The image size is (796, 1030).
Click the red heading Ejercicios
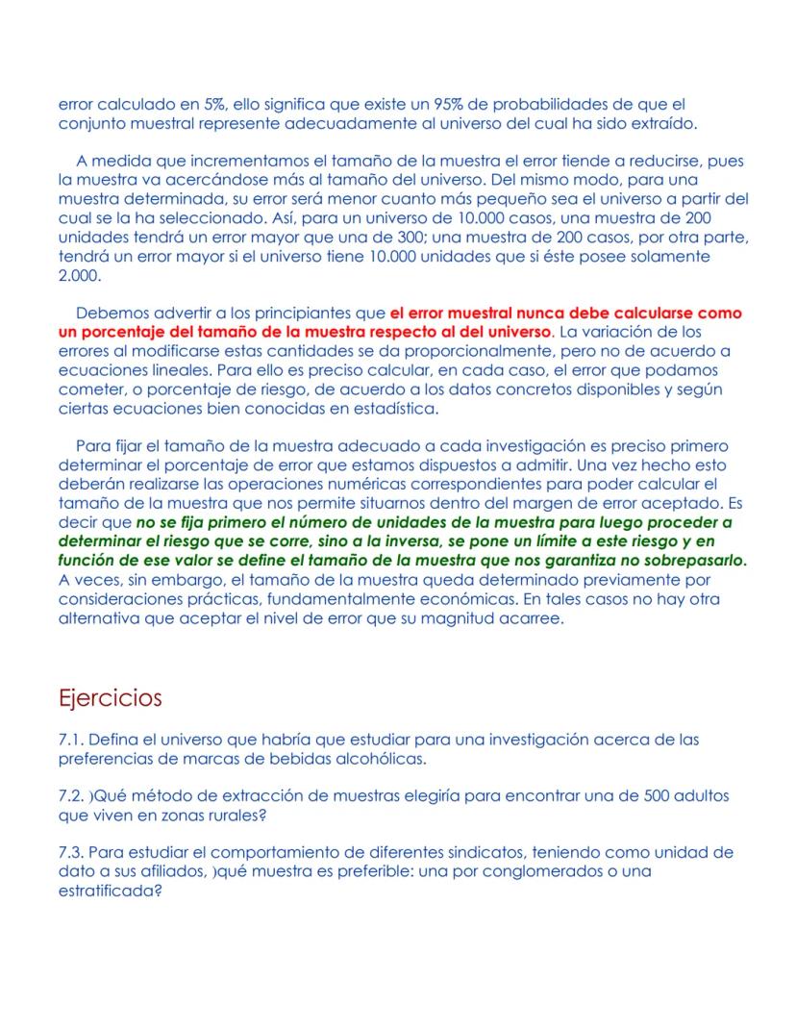point(110,697)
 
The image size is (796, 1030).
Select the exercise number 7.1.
point(72,740)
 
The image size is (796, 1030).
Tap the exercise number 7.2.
point(72,796)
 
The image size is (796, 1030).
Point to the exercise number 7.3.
point(72,853)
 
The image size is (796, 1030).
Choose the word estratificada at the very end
point(105,890)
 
